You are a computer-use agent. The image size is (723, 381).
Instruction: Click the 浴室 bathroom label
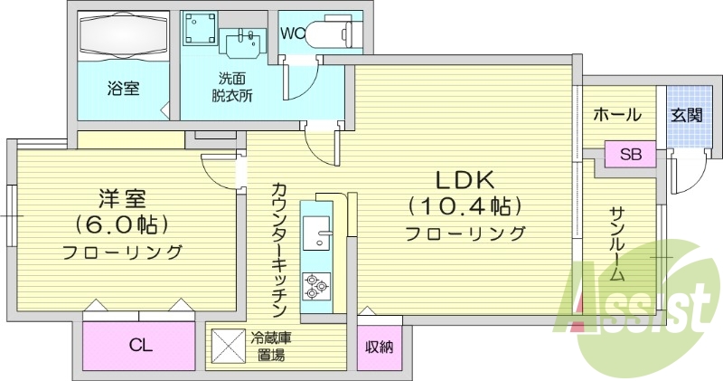(x=123, y=90)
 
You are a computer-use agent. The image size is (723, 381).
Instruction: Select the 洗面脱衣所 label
(x=232, y=86)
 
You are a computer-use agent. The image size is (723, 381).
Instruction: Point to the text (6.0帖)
(x=122, y=223)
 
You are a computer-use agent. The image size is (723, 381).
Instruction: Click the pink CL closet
(x=139, y=345)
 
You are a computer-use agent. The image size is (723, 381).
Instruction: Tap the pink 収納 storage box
(x=379, y=347)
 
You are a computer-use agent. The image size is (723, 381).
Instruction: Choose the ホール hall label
(x=617, y=115)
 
